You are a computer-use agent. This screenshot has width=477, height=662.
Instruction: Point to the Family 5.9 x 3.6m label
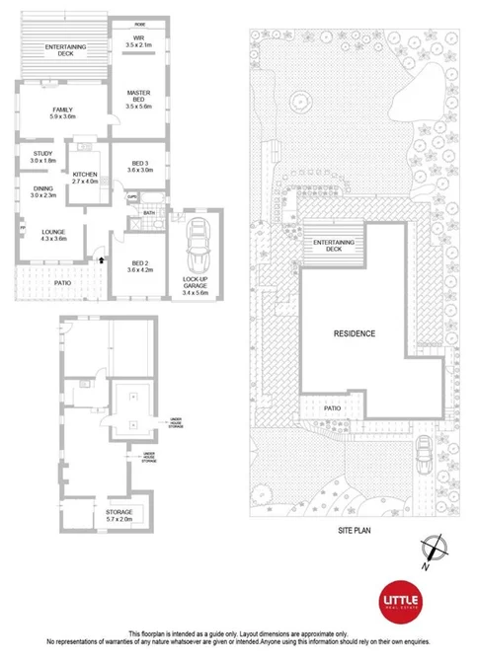[x=62, y=111]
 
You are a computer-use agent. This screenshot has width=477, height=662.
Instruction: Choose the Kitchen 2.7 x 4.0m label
[x=88, y=178]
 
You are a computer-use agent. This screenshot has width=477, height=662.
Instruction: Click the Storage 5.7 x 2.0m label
[x=119, y=515]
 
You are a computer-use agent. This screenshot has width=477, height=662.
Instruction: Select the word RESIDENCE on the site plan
[x=356, y=333]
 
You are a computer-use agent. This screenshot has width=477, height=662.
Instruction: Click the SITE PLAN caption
[x=356, y=530]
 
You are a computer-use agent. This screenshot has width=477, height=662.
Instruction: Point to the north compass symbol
[x=433, y=548]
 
